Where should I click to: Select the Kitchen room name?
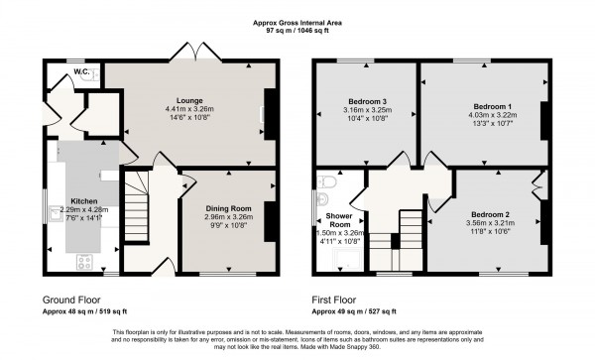[x=83, y=200]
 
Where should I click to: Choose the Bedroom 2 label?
[x=491, y=215]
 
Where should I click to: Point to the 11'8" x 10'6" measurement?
[x=491, y=233]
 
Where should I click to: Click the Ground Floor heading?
[x=73, y=299]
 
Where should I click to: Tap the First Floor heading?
[x=341, y=299]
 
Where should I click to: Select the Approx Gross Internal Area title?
[x=297, y=21]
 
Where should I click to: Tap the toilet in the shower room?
[x=326, y=183]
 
